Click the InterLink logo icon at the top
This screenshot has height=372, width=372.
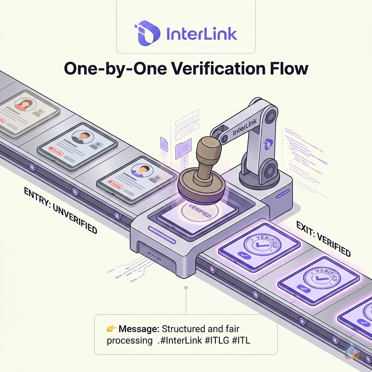(147, 33)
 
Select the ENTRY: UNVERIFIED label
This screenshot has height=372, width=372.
(60, 210)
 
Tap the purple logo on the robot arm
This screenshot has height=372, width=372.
(268, 144)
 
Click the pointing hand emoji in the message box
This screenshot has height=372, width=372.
(111, 329)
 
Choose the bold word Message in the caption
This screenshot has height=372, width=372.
(139, 329)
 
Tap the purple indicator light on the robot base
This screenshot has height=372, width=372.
(282, 195)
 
